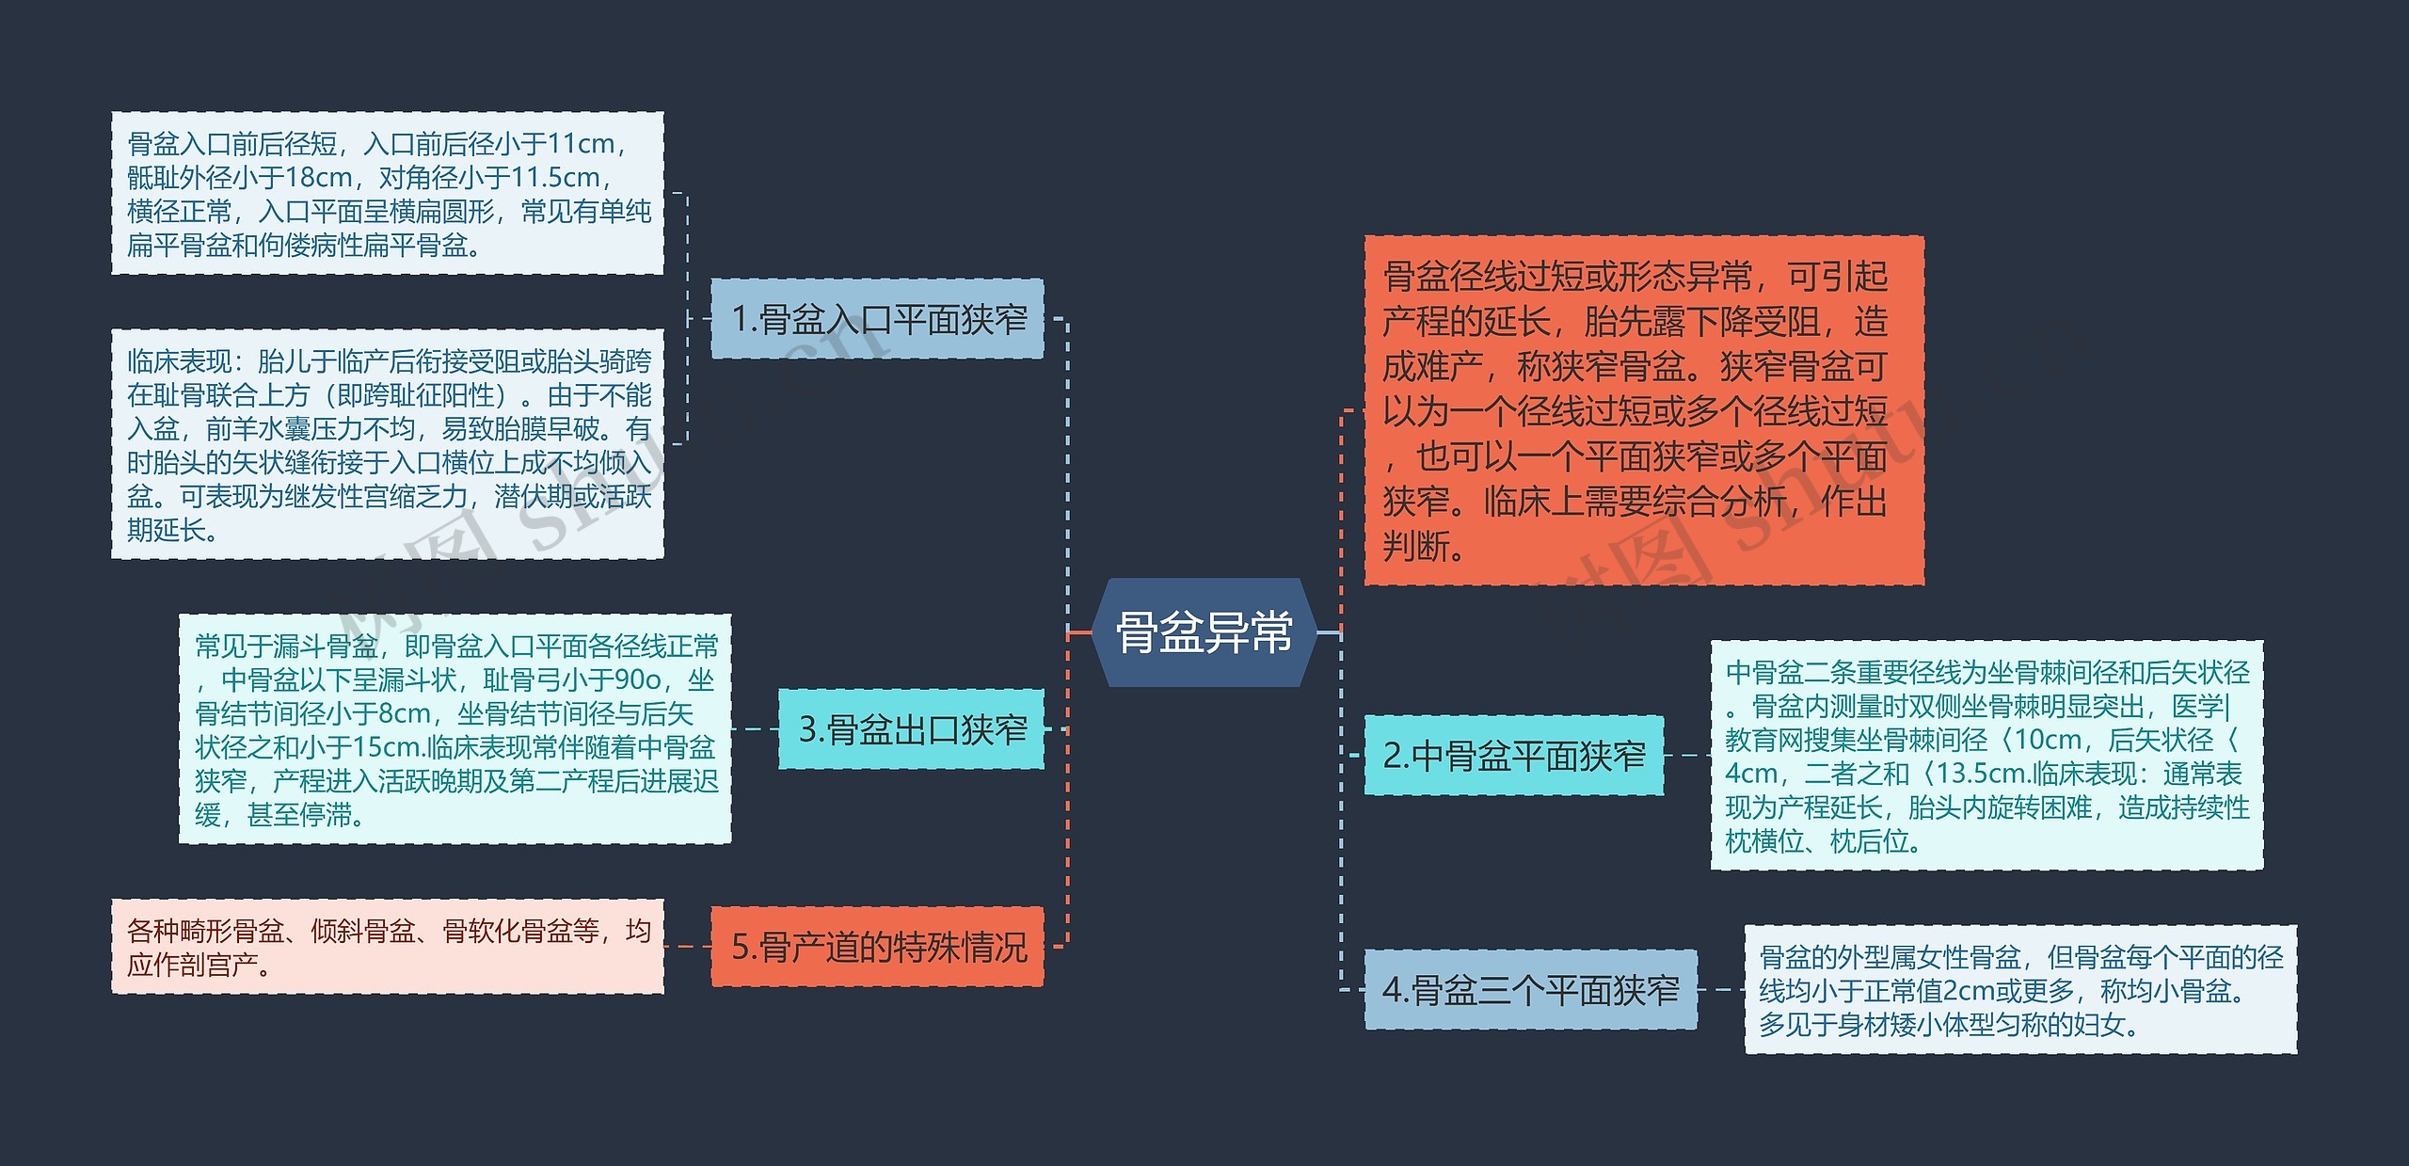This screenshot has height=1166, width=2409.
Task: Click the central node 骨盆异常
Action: click(1204, 632)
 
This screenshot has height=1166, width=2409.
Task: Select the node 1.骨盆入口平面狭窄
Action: click(877, 319)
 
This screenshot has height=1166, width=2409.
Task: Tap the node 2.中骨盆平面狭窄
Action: click(1513, 756)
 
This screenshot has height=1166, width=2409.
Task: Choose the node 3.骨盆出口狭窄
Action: click(911, 729)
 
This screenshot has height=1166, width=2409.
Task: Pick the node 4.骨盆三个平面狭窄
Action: click(1530, 990)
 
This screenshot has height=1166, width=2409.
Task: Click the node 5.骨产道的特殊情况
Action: click(877, 947)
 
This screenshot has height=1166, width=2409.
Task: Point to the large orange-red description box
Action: click(1643, 410)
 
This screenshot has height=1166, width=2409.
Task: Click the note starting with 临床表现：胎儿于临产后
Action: click(388, 444)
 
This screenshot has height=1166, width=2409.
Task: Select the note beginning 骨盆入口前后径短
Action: click(388, 194)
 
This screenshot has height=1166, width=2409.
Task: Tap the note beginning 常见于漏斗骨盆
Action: click(455, 729)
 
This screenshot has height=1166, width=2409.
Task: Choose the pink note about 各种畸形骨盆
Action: click(388, 947)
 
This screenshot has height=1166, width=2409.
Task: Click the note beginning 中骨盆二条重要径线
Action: click(1986, 756)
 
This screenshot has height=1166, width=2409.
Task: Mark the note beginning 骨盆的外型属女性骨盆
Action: click(2019, 990)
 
